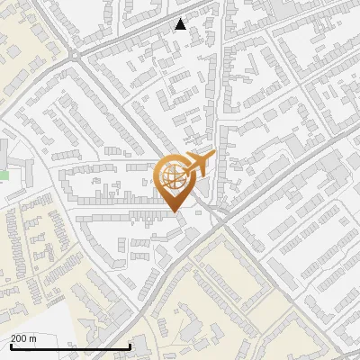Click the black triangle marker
click(181, 24)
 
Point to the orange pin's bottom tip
click(174, 211)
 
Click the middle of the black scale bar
click(70, 346)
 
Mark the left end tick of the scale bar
click(11, 346)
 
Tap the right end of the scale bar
click(130, 346)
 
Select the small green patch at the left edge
click(4, 175)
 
